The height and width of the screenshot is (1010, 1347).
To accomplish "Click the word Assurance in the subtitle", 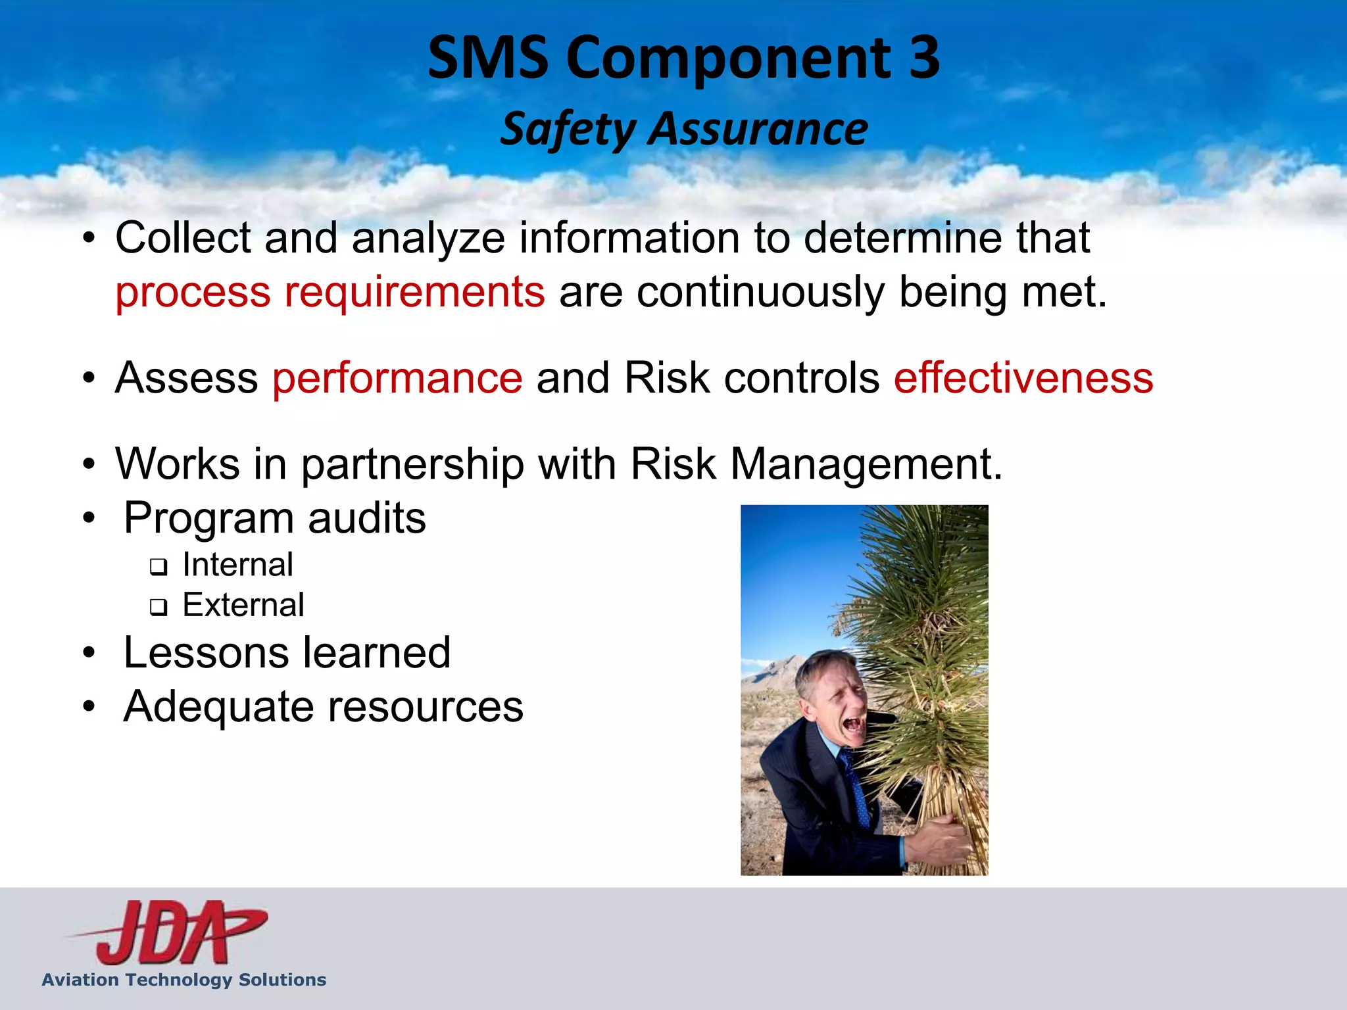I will [758, 129].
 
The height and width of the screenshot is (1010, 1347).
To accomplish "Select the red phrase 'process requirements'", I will [330, 292].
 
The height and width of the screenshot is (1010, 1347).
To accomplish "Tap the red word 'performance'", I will [397, 378].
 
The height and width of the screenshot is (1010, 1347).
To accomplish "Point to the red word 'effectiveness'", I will [1023, 378].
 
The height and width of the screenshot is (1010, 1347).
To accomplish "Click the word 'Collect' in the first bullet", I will [183, 237].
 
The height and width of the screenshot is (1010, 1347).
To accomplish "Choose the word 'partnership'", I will [412, 464].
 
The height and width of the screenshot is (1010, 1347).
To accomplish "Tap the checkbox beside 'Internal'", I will [159, 567].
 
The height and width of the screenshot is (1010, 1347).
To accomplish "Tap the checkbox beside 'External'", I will [159, 607].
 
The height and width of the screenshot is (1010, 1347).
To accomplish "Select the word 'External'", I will [243, 605].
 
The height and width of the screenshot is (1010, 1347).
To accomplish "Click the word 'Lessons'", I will [205, 653].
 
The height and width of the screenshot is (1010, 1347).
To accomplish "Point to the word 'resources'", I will [426, 707].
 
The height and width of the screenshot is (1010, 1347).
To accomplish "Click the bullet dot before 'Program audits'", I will [89, 519].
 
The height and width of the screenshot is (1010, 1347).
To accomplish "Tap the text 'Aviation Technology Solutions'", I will [184, 980].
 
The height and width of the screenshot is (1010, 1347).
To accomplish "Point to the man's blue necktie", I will [856, 789].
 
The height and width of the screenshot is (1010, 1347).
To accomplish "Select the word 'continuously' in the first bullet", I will [760, 292].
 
